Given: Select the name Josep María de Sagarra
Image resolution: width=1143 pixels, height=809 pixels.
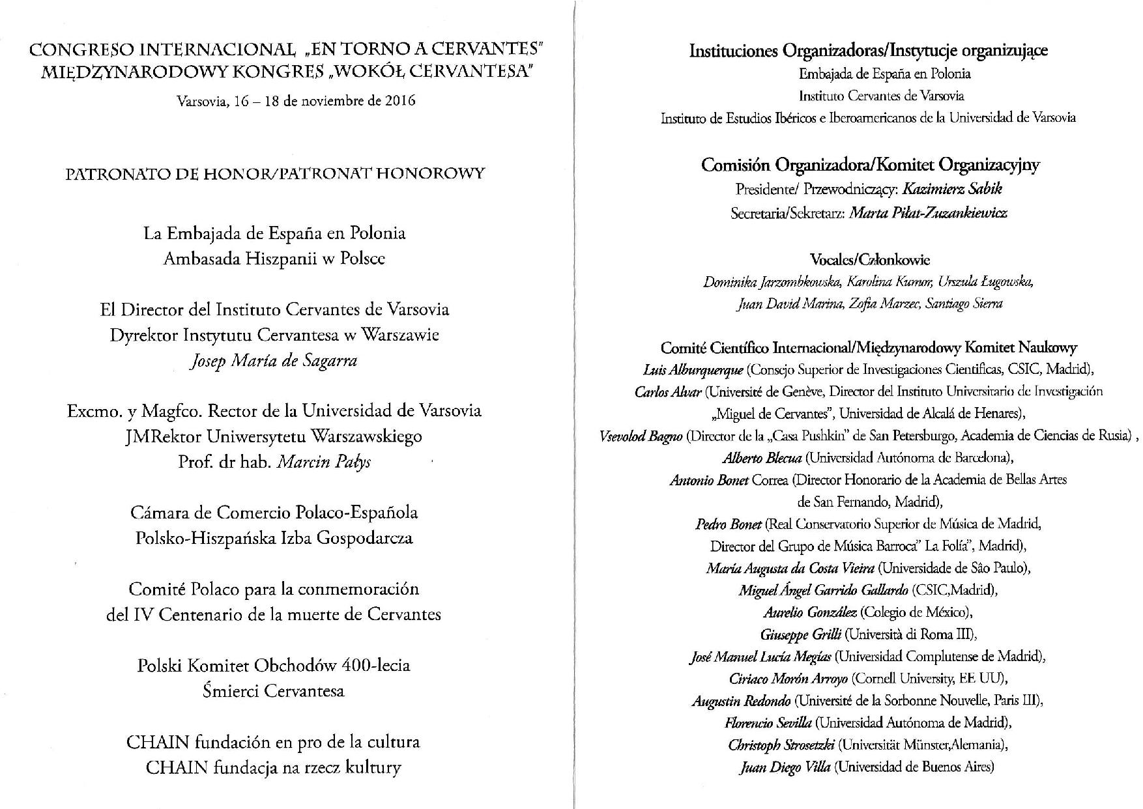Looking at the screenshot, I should coord(274,361).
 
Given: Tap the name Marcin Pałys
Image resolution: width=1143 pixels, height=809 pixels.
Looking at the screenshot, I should coord(324,462).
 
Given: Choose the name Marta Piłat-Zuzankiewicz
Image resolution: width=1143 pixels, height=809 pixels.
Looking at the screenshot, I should coord(928,213).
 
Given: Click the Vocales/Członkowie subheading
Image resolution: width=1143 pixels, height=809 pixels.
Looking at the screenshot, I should coord(869,259).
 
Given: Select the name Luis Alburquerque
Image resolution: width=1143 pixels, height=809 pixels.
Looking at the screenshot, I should coord(692,370).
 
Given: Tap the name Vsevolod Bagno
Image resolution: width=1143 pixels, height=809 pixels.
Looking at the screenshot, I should coord(641,436).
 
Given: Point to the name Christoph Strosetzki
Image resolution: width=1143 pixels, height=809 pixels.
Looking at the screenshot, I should coord(781,745).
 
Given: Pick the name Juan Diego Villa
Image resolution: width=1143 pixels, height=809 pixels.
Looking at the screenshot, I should coord(785,767).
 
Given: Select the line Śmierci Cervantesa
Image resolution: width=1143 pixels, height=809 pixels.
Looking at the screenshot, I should coord(274,691).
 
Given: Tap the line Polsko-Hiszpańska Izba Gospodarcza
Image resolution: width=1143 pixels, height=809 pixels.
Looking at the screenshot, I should coord(274,539).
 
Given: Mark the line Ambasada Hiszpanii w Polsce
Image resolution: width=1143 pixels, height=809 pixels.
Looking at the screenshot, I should coord(274,259).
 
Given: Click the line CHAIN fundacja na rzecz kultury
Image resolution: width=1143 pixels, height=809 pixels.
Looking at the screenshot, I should coord(274,767).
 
